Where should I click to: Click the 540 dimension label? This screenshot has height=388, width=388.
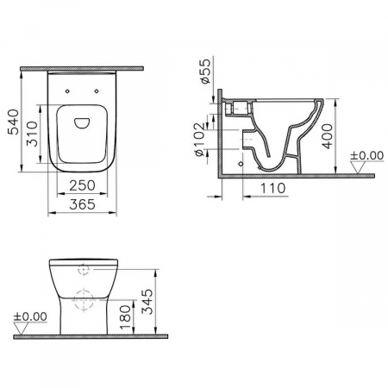(x=14, y=122)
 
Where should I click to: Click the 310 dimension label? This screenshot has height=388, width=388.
(x=32, y=134)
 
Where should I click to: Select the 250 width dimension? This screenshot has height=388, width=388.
(x=82, y=185)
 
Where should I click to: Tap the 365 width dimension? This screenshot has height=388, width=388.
(x=82, y=204)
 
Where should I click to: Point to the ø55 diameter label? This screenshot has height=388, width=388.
(x=206, y=72)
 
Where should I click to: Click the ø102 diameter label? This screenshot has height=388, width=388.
(x=200, y=140)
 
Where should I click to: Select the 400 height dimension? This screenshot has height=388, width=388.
(x=327, y=136)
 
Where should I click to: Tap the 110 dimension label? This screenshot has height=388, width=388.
(x=272, y=188)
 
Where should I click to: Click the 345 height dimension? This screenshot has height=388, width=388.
(x=147, y=302)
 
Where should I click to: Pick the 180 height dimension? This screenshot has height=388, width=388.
(x=125, y=317)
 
